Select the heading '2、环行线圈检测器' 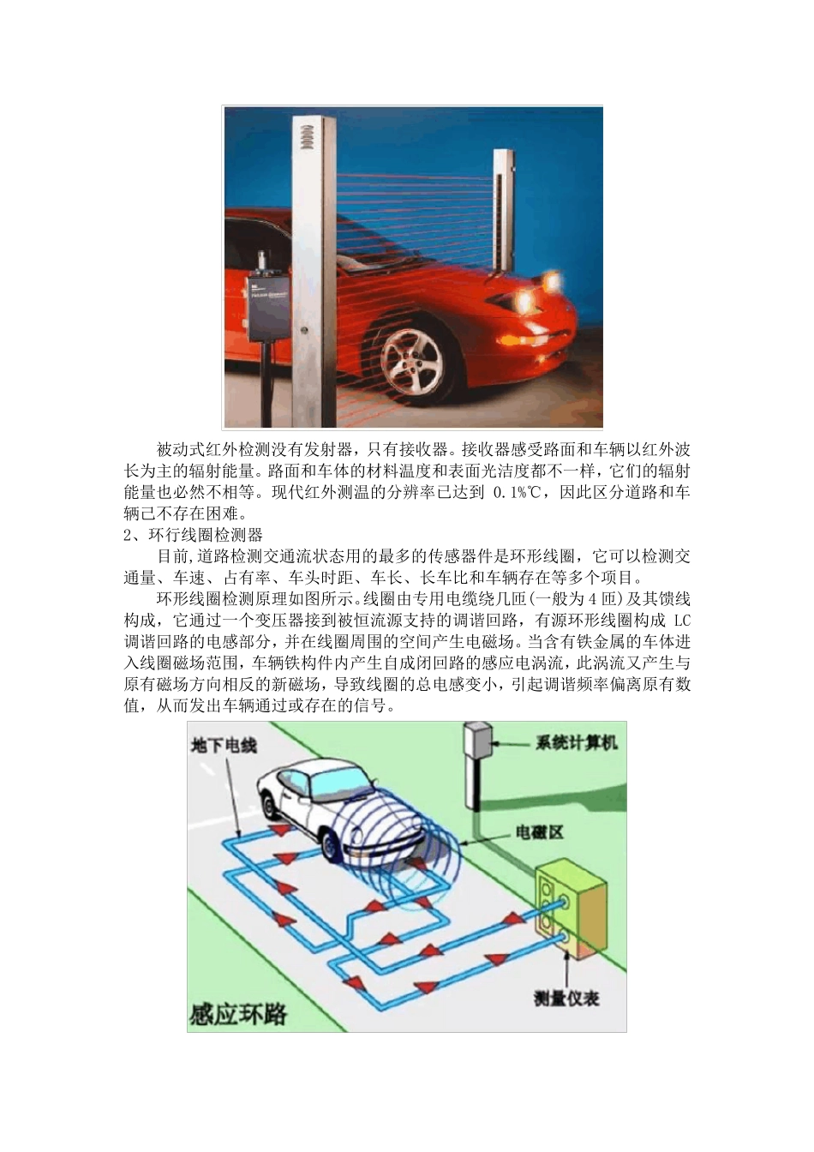pos(193,535)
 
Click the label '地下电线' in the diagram pos(223,745)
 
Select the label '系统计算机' pos(576,742)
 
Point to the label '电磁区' pos(539,831)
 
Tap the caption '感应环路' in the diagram pos(237,1015)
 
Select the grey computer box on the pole pos(476,742)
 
